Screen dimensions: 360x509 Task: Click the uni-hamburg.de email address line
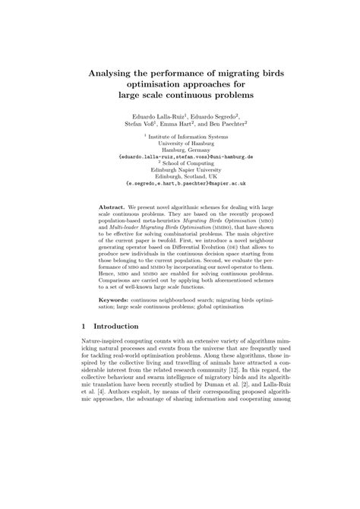tap(180, 155)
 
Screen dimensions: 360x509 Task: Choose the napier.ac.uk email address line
tap(180, 183)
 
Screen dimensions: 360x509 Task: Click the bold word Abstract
tap(113, 207)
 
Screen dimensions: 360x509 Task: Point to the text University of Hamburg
tap(180, 141)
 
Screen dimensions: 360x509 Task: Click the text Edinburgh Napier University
tap(180, 169)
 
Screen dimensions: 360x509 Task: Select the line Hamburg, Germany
tap(180, 148)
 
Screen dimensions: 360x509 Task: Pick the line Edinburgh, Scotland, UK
tap(180, 175)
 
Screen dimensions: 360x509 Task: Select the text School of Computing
tap(182, 162)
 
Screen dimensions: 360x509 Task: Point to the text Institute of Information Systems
tap(182, 134)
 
